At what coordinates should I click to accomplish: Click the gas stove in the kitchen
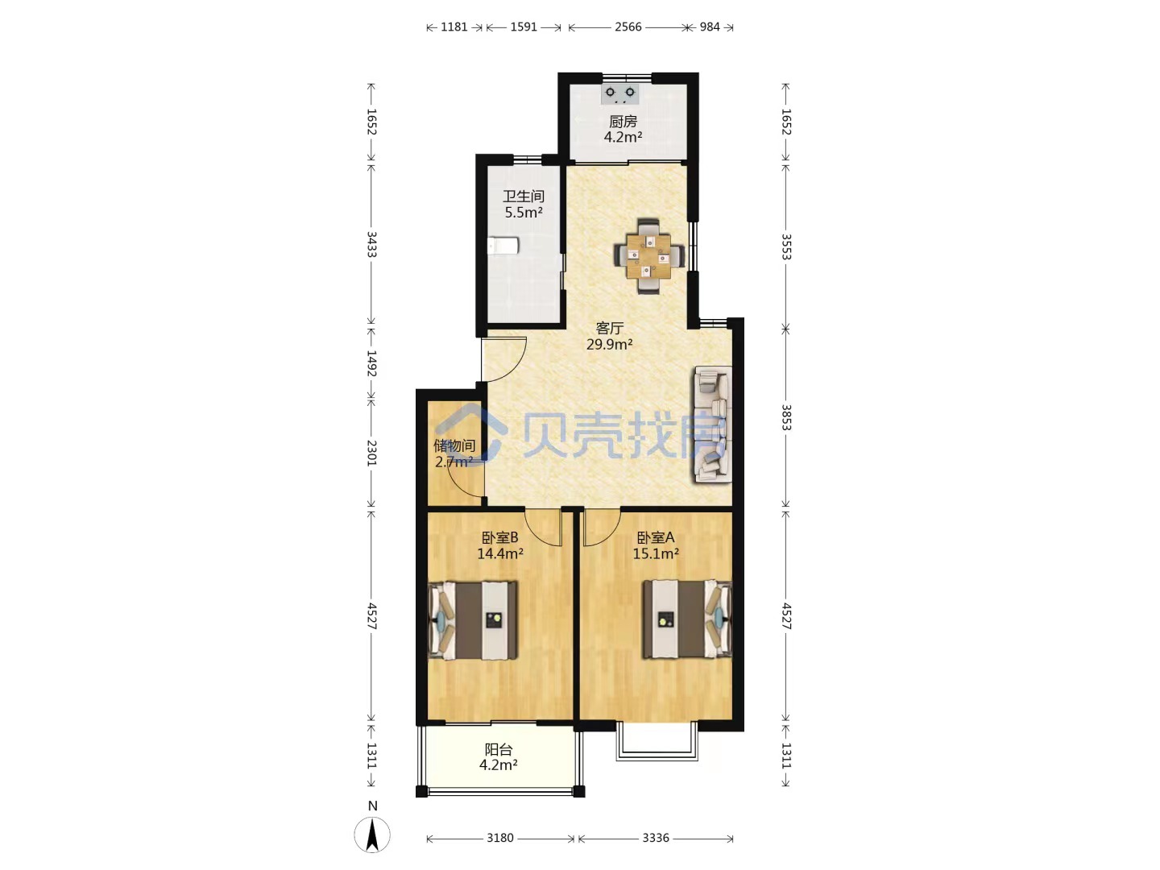(x=620, y=94)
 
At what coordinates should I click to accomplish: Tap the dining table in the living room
(x=649, y=256)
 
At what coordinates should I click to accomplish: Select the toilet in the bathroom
(x=503, y=246)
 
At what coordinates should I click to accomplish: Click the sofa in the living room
(x=713, y=425)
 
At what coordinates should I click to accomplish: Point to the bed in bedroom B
(x=473, y=620)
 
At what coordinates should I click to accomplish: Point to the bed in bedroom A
(x=687, y=619)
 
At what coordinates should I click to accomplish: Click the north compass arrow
(x=372, y=835)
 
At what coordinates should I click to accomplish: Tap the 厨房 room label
(x=623, y=122)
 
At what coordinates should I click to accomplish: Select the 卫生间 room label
(x=523, y=197)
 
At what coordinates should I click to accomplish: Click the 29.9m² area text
(x=609, y=345)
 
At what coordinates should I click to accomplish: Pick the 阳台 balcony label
(x=499, y=749)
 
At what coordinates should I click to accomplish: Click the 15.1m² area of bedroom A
(x=656, y=553)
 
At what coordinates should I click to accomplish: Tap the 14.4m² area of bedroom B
(x=500, y=553)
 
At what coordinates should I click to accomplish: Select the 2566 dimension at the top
(x=628, y=27)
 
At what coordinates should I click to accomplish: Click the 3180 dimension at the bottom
(x=500, y=839)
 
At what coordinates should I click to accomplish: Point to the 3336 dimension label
(x=656, y=839)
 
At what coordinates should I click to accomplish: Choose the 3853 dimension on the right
(x=786, y=418)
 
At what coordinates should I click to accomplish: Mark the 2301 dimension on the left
(x=371, y=454)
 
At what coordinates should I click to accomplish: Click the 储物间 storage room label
(x=454, y=445)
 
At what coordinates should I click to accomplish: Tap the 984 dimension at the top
(x=710, y=27)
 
